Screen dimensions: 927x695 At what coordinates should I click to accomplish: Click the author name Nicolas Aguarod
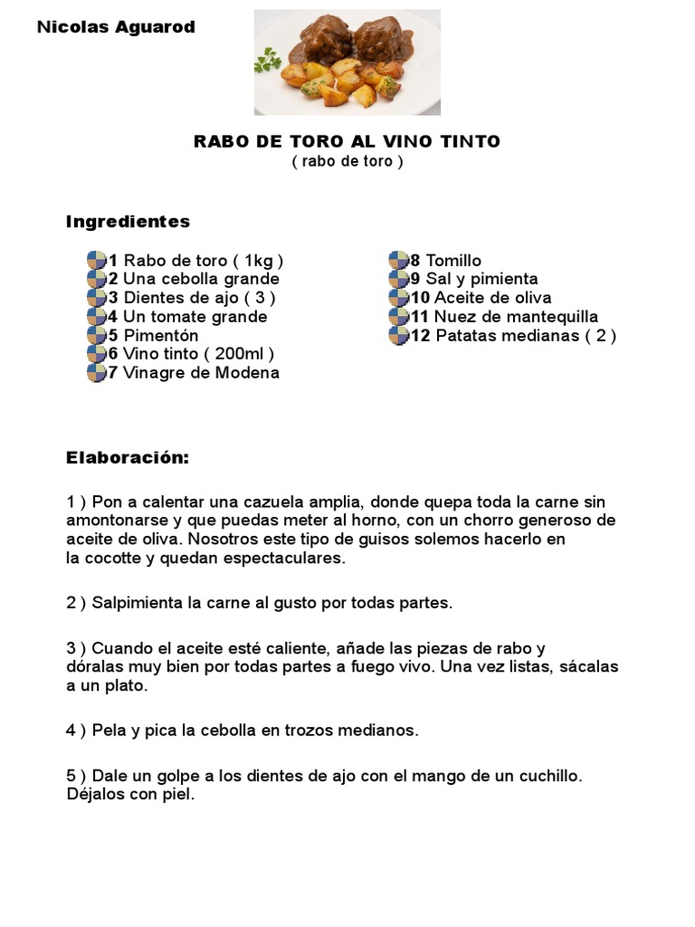(116, 27)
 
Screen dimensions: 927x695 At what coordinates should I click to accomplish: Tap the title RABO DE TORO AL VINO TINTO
(347, 141)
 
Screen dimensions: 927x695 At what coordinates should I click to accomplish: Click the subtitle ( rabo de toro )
(347, 161)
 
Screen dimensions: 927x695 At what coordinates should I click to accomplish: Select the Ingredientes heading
(128, 222)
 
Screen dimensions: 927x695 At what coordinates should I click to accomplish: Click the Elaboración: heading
(128, 458)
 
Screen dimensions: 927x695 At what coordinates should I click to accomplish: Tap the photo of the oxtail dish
(347, 62)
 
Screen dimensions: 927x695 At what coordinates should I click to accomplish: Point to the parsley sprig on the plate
(268, 61)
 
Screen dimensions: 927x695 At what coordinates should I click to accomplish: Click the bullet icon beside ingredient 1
(97, 261)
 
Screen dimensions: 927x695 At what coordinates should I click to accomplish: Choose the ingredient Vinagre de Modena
(201, 373)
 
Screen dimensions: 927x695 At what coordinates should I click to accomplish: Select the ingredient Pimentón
(160, 336)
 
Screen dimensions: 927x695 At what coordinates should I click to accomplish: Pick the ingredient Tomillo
(453, 261)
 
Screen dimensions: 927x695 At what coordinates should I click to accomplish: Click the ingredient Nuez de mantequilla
(516, 317)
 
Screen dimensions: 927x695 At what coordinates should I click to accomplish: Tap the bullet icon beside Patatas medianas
(399, 336)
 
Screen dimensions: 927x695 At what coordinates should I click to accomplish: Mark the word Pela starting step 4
(109, 731)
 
